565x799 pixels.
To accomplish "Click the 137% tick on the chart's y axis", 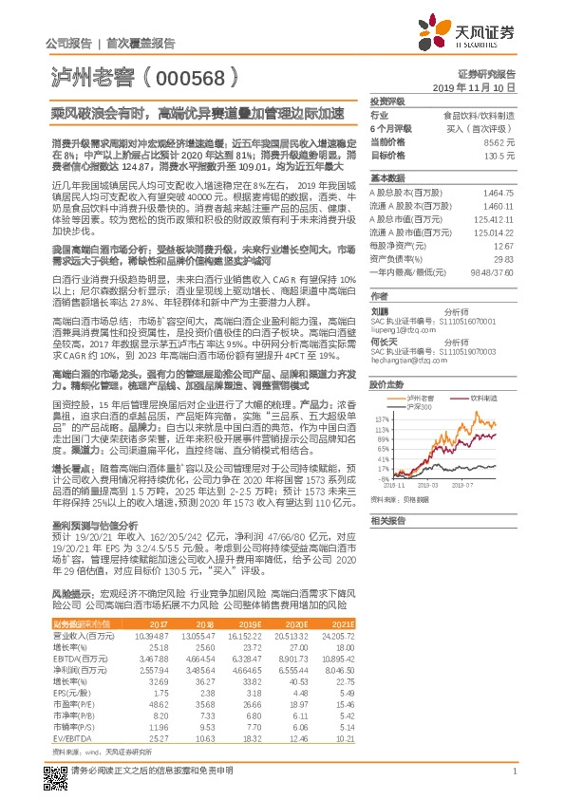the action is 382,418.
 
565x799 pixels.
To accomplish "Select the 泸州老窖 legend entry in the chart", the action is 423,397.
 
